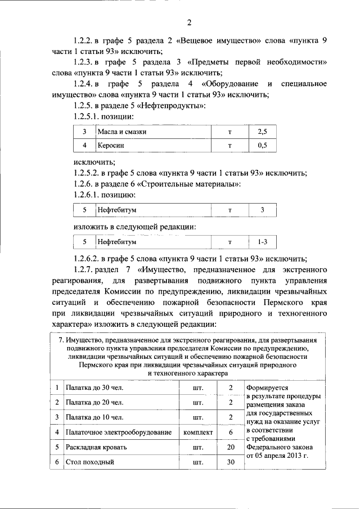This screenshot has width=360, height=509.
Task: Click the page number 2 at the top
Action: (x=189, y=22)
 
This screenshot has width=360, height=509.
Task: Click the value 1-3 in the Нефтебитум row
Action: (x=262, y=242)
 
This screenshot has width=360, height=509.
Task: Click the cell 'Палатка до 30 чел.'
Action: (x=94, y=389)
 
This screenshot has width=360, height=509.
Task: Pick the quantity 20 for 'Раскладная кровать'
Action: (x=230, y=447)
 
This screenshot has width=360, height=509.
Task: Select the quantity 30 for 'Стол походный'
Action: (x=230, y=462)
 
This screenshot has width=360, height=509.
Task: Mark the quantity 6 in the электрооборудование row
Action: (x=230, y=433)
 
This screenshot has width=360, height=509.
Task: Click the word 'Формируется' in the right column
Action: (x=267, y=388)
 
